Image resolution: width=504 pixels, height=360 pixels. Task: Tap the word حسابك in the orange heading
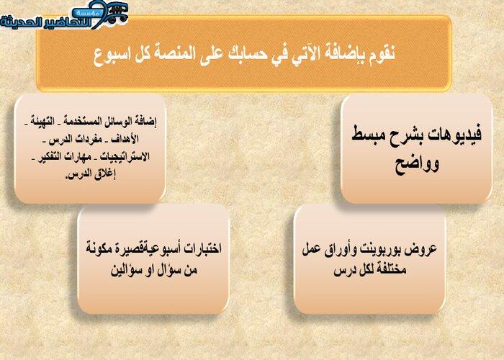click(247, 54)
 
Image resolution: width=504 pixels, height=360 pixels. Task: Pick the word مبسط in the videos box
click(367, 135)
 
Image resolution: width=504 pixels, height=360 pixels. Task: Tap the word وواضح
click(417, 165)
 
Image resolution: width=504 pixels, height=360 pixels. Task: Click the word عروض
click(422, 250)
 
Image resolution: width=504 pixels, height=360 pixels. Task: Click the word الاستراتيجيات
click(125, 156)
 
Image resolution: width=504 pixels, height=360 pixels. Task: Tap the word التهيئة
click(42, 121)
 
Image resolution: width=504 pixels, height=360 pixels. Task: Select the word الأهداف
click(125, 139)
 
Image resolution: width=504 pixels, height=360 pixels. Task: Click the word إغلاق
click(105, 174)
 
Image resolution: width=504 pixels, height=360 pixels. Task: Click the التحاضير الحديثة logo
click(64, 16)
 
